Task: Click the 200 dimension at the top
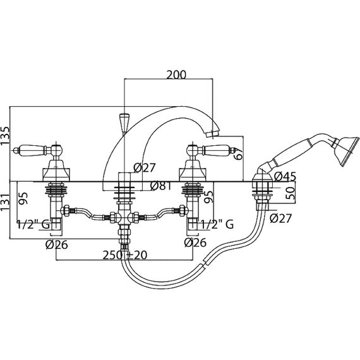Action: pyautogui.click(x=176, y=75)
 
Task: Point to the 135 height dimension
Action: pyautogui.click(x=6, y=136)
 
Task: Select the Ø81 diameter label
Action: pyautogui.click(x=160, y=186)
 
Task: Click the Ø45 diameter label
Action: pyautogui.click(x=285, y=177)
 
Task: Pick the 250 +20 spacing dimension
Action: pyautogui.click(x=124, y=255)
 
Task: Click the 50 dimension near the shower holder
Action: pyautogui.click(x=290, y=193)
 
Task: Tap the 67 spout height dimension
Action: pyautogui.click(x=238, y=153)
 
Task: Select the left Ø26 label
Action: pyautogui.click(x=57, y=245)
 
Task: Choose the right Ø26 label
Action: pyautogui.click(x=195, y=243)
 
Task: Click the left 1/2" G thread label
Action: pyautogui.click(x=33, y=224)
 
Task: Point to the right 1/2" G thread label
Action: pyautogui.click(x=217, y=224)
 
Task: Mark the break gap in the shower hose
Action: pyautogui.click(x=205, y=263)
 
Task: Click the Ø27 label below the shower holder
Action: pyautogui.click(x=280, y=219)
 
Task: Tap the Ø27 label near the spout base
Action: pyautogui.click(x=145, y=167)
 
